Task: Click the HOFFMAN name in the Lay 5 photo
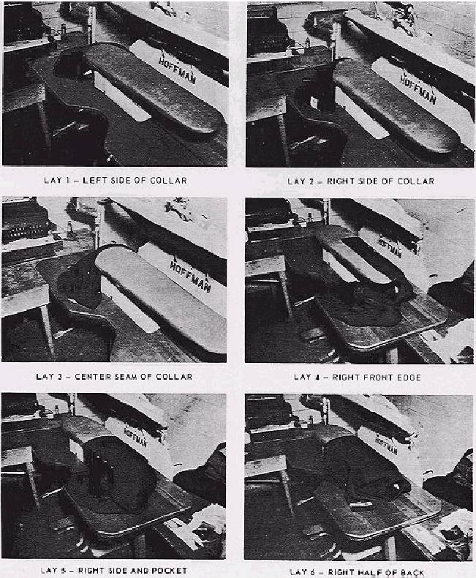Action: click(x=135, y=438)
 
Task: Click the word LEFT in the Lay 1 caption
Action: click(x=94, y=181)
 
